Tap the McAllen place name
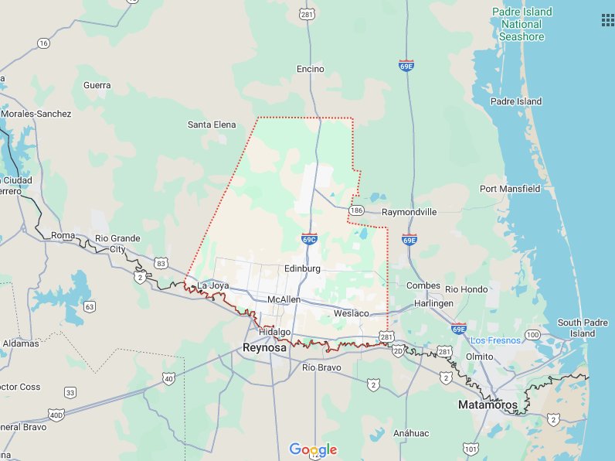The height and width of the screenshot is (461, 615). (x=284, y=299)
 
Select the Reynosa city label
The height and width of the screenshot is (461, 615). (x=264, y=347)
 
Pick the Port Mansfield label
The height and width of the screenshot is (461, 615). (x=510, y=189)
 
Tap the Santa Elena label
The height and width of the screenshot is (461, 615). (x=212, y=125)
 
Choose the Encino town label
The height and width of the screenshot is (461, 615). (x=311, y=70)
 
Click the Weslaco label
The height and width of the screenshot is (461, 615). (x=352, y=313)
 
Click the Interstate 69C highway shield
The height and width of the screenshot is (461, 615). (x=309, y=239)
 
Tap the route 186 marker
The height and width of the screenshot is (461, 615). (x=356, y=210)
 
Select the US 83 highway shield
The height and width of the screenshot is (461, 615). (x=161, y=264)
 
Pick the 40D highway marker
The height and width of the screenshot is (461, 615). (x=56, y=415)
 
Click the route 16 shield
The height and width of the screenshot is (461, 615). (x=43, y=43)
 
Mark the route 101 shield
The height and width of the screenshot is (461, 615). (x=470, y=449)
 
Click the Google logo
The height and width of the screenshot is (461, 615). (x=313, y=449)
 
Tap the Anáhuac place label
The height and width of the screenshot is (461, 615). (x=409, y=433)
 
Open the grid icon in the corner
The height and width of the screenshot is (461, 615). (x=606, y=20)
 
